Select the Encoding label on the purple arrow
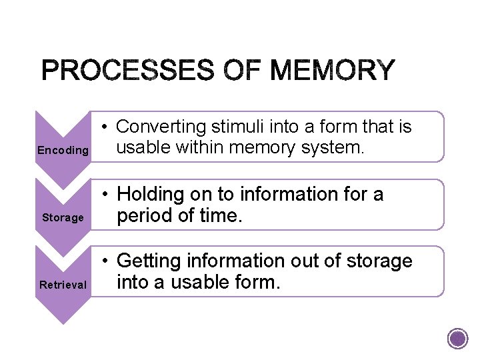click(x=63, y=151)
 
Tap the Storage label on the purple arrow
click(x=63, y=217)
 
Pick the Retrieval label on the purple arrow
click(x=63, y=285)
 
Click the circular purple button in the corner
click(x=457, y=339)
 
